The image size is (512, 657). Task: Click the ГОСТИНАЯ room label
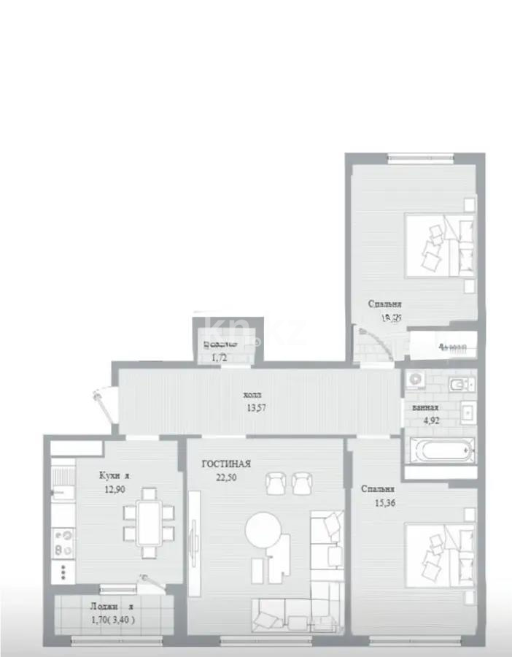click(x=227, y=464)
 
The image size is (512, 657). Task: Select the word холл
click(x=252, y=395)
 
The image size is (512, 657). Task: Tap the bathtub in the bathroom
click(x=439, y=450)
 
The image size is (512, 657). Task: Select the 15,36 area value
click(x=377, y=503)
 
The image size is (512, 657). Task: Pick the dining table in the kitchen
click(x=150, y=521)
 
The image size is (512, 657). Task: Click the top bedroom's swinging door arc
click(x=376, y=343)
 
